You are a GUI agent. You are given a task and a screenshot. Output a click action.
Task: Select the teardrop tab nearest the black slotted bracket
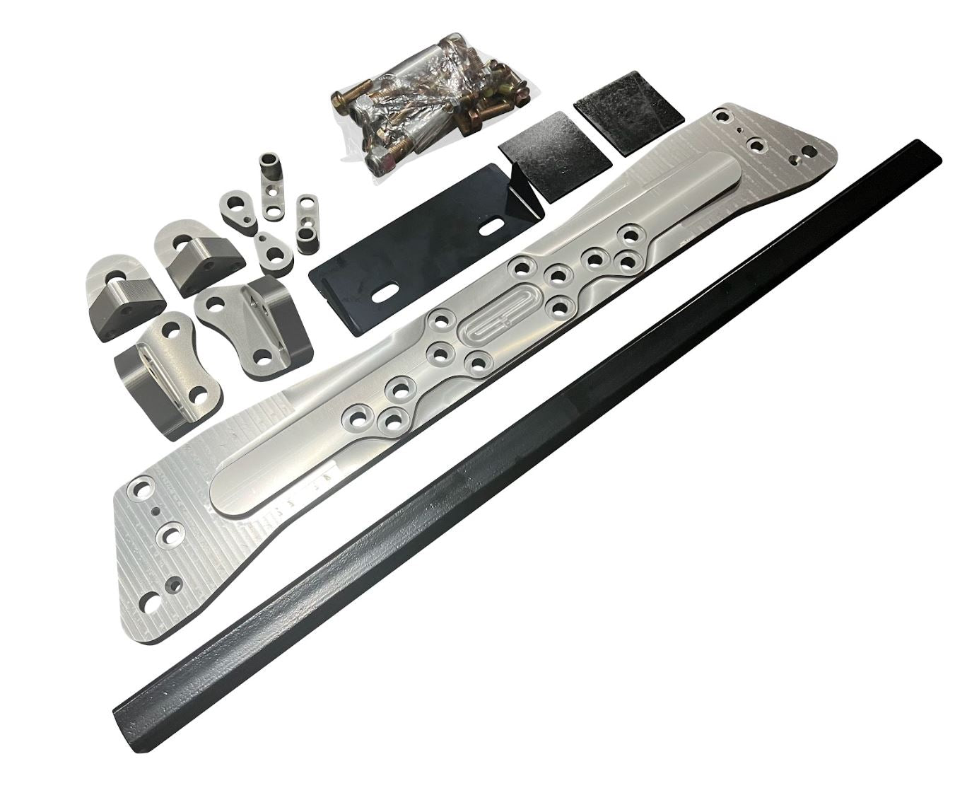pos(270,248)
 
